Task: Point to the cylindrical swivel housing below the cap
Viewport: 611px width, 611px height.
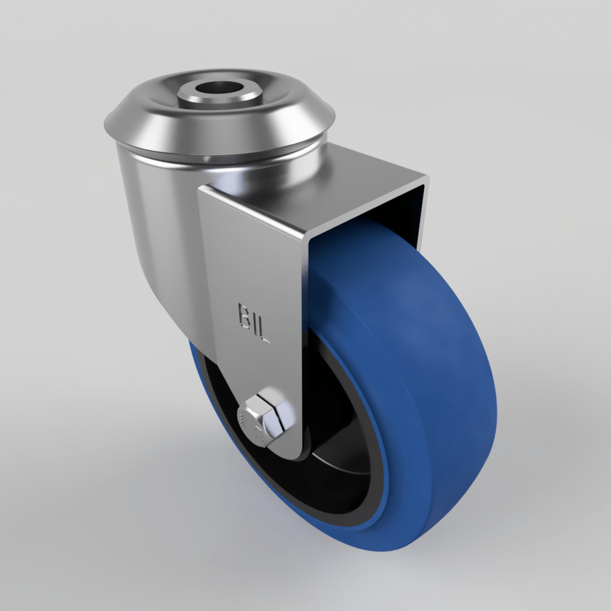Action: [x=153, y=202]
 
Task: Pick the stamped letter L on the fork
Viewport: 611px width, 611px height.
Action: [x=264, y=332]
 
